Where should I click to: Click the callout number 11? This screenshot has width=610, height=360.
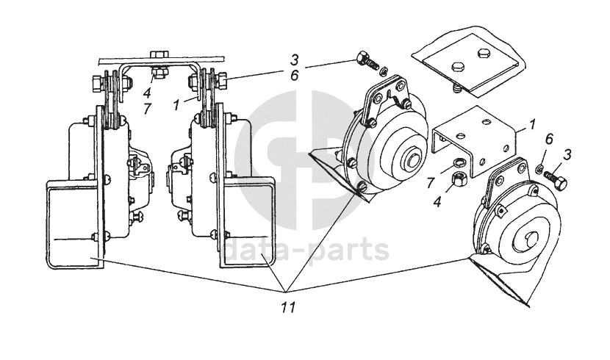[x=288, y=307]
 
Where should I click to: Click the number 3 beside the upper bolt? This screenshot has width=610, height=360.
[x=293, y=60]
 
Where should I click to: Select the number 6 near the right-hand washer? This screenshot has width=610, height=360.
[x=548, y=138]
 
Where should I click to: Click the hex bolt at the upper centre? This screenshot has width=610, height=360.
[x=365, y=61]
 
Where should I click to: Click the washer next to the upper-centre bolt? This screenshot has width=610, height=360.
[x=383, y=71]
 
